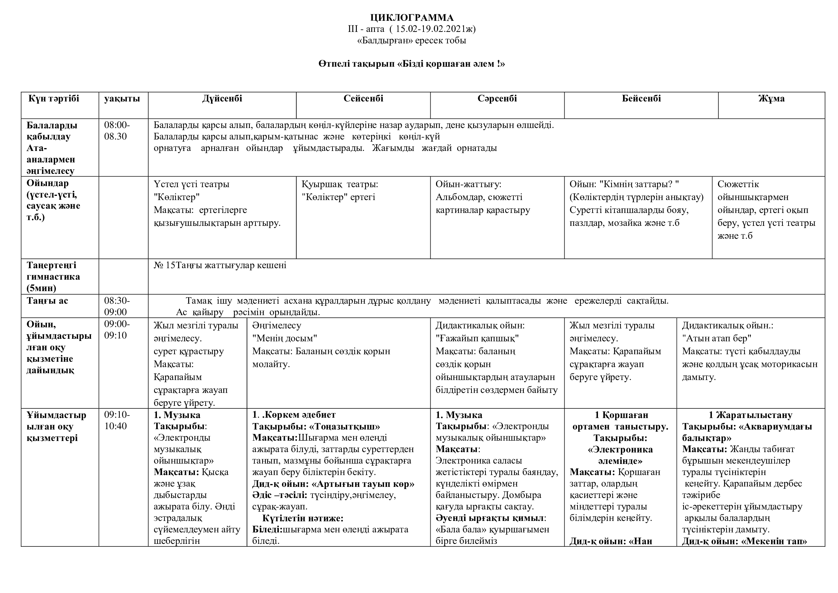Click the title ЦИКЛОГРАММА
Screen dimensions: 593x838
click(x=412, y=18)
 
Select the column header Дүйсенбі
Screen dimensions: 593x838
click(x=222, y=99)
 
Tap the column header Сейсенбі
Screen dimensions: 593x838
click(x=363, y=99)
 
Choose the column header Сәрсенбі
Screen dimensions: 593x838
click(x=497, y=99)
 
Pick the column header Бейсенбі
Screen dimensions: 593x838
click(x=641, y=99)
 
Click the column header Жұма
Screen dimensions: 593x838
click(x=771, y=99)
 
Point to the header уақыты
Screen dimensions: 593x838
click(x=122, y=99)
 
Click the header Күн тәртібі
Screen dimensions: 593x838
click(x=54, y=99)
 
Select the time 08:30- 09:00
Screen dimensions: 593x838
click(x=117, y=306)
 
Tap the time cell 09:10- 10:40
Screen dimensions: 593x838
click(x=117, y=420)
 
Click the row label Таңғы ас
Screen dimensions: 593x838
click(x=47, y=300)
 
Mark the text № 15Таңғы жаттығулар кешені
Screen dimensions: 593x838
click(x=220, y=265)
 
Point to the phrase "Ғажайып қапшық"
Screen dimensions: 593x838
click(x=477, y=338)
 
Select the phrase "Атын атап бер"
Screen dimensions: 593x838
click(x=717, y=338)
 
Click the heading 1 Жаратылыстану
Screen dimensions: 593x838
click(x=751, y=415)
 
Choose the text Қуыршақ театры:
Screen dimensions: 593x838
click(x=340, y=184)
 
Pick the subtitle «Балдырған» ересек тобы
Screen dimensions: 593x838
click(x=411, y=40)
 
